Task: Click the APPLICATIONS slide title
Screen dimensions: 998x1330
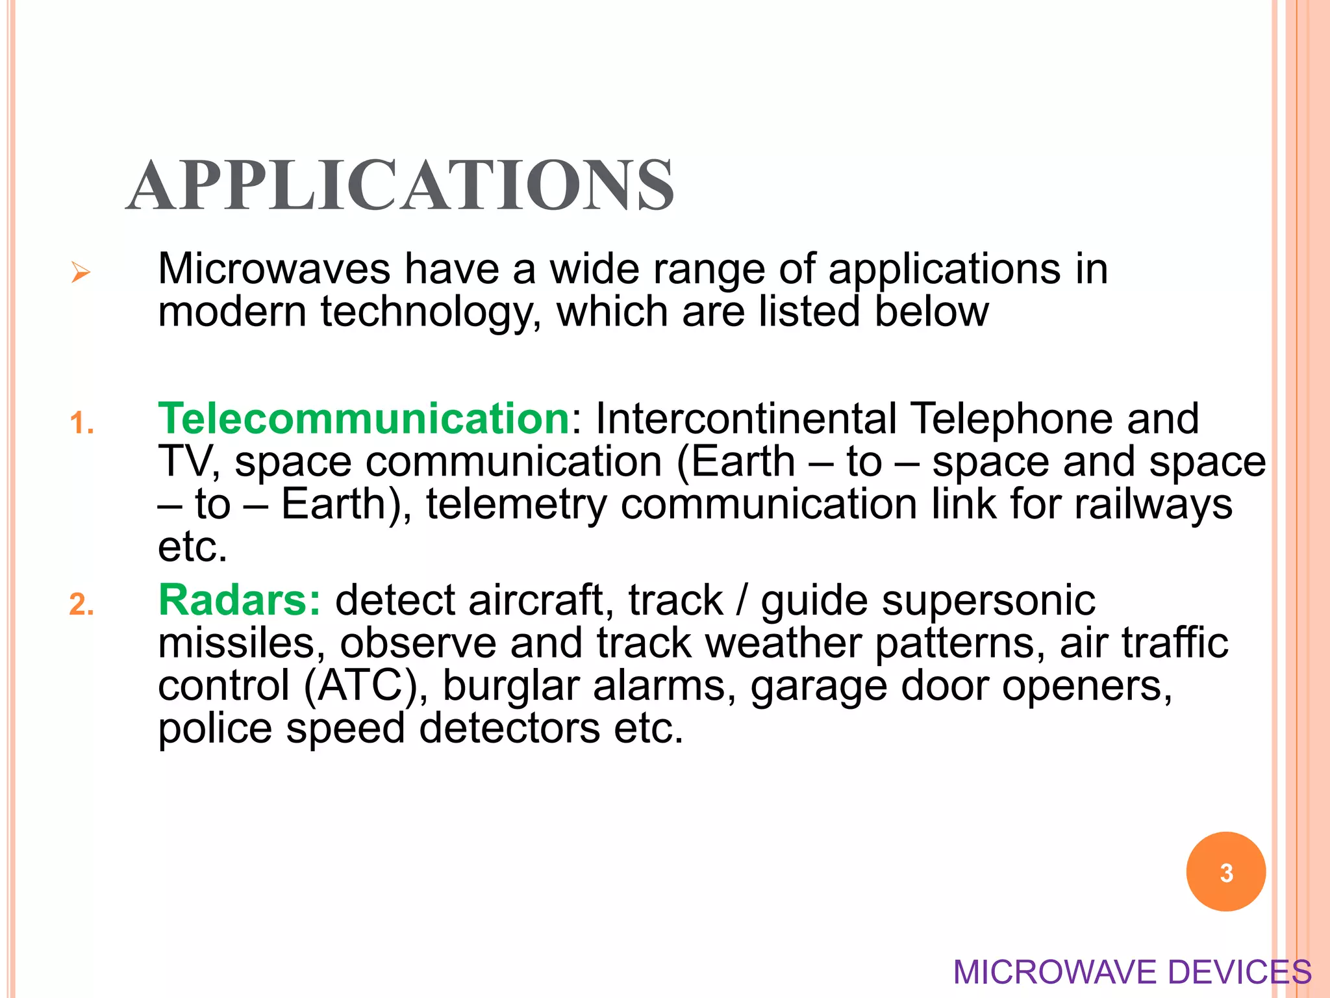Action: [400, 186]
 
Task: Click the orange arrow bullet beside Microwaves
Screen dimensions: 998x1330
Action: [81, 272]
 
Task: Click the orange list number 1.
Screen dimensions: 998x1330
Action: [81, 424]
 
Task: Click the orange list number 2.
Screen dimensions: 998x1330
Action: [81, 605]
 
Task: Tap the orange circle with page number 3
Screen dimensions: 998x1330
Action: [1225, 872]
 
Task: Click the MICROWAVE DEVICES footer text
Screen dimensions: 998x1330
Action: [1132, 973]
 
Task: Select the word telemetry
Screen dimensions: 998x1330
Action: [516, 505]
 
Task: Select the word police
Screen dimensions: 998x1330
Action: [215, 728]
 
